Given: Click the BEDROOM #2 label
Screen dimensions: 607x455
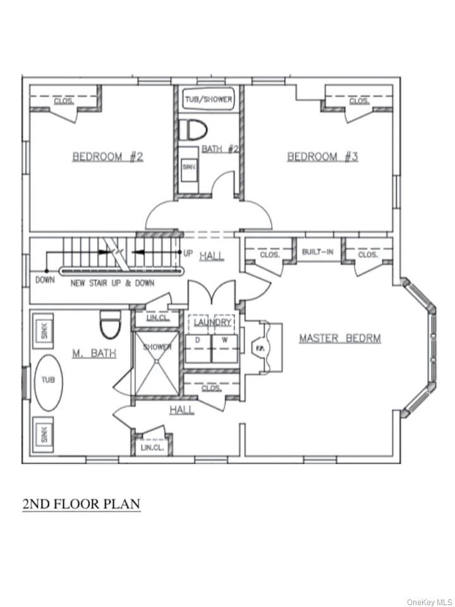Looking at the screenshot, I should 107,156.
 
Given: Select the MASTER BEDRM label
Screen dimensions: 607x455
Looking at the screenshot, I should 339,338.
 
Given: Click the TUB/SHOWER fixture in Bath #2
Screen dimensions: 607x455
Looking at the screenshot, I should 209,99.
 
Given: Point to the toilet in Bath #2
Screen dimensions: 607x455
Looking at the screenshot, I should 193,130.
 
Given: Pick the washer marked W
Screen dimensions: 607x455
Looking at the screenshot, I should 224,348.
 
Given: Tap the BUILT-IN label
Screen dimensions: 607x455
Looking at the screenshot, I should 318,252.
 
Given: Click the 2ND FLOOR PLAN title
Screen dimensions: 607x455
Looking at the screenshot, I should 82,504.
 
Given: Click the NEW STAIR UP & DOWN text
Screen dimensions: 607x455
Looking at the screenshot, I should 111,283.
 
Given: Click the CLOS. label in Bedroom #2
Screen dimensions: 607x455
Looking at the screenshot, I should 63,101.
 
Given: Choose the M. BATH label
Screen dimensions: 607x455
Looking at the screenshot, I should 94,353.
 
